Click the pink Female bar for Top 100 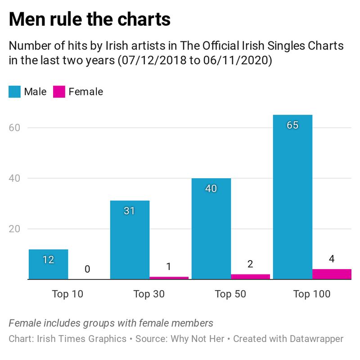click(332, 274)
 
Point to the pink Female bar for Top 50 click(250, 277)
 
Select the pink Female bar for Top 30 click(169, 278)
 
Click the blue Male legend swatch click(14, 92)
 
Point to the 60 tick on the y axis click(15, 127)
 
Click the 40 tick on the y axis click(15, 178)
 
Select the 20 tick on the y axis click(15, 229)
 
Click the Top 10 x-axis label click(67, 294)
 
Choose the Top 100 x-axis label click(312, 294)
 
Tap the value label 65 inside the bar click(292, 125)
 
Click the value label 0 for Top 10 click(87, 270)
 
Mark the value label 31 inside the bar click(130, 211)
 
